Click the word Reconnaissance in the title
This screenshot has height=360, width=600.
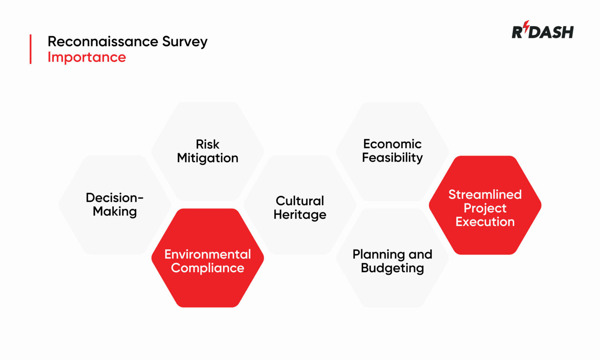[x=103, y=41]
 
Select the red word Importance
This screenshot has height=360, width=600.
[x=87, y=57]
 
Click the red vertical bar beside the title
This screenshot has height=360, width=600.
[x=30, y=49]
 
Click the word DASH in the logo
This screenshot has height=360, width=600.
[x=551, y=32]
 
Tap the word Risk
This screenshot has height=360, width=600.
[x=207, y=144]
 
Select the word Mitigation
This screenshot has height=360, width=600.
[x=207, y=158]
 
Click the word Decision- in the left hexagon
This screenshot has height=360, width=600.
[x=114, y=198]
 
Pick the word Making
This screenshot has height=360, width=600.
[x=115, y=212]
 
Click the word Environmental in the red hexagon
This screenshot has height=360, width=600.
[x=207, y=254]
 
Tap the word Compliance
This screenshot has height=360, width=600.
[x=207, y=268]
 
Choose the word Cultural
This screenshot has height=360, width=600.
[x=300, y=201]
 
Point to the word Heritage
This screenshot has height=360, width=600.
[x=300, y=215]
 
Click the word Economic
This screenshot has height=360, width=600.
[x=392, y=144]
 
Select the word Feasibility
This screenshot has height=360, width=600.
[x=392, y=158]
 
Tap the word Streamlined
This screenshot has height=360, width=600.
[x=485, y=194]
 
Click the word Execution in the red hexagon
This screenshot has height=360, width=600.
[x=485, y=222]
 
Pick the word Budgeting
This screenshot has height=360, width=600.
[x=392, y=268]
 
